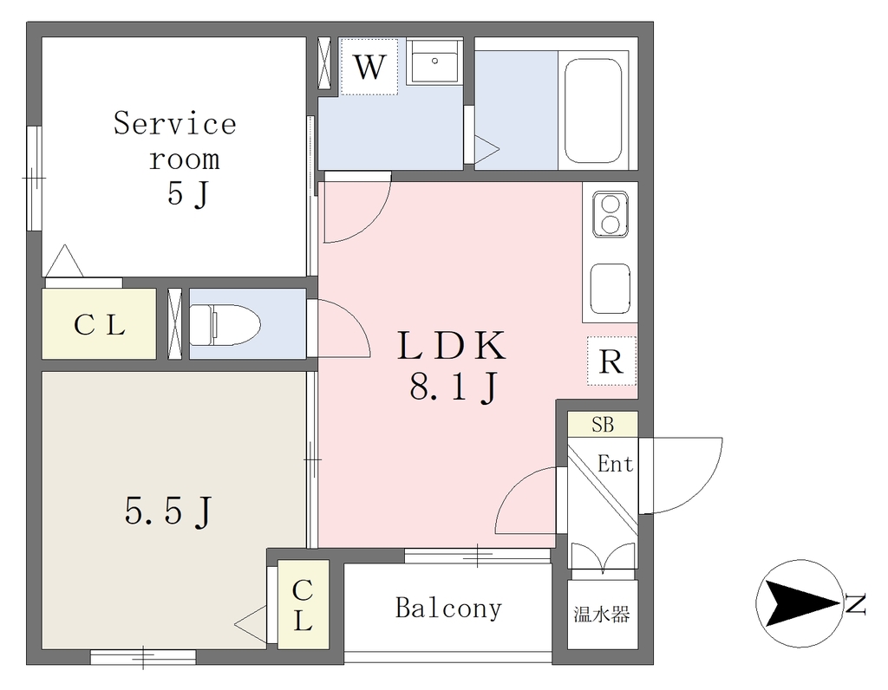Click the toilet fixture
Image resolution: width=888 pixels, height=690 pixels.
click(x=225, y=324)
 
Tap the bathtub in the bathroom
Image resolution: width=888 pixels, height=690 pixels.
click(x=593, y=110)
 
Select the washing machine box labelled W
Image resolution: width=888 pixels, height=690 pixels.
click(x=369, y=67)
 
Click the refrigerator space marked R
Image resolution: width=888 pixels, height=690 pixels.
click(x=611, y=361)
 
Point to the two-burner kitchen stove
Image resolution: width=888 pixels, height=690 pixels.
click(x=610, y=214)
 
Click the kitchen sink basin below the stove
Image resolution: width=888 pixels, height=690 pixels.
click(x=610, y=288)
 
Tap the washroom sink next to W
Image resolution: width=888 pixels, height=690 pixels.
click(x=434, y=62)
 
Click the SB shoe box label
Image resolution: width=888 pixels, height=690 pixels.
click(x=603, y=424)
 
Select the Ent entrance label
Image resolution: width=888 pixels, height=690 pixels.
click(x=615, y=464)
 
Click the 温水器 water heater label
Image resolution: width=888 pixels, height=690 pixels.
click(x=602, y=614)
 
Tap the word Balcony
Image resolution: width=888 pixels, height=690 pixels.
click(x=448, y=609)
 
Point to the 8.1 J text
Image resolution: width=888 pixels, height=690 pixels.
click(x=454, y=388)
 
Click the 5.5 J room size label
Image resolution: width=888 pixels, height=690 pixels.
click(x=168, y=512)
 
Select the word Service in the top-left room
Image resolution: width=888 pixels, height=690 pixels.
click(x=175, y=123)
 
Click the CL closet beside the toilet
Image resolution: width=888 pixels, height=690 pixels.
click(x=99, y=324)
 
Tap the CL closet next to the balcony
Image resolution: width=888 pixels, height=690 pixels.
click(x=303, y=604)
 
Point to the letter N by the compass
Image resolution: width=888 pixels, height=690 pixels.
click(x=855, y=603)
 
